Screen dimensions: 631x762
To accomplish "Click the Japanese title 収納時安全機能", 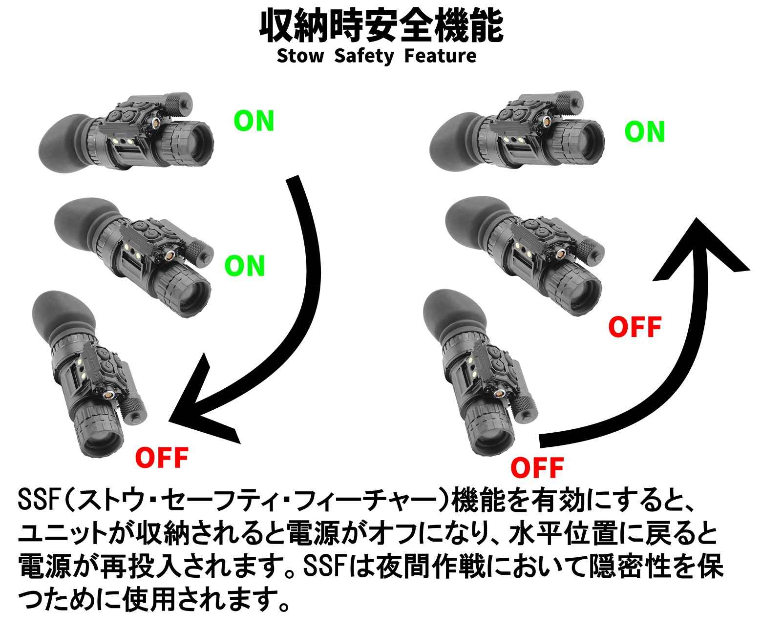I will tap(381, 26).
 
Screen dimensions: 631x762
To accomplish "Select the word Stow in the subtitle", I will tap(300, 56).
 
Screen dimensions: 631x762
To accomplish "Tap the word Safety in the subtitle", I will tap(364, 56).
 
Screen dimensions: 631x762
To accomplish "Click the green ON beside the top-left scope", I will tap(254, 121).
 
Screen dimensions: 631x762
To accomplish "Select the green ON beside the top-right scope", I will tap(645, 131).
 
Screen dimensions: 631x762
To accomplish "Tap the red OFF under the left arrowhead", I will tap(161, 458).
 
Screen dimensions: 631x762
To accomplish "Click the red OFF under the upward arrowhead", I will tap(635, 327).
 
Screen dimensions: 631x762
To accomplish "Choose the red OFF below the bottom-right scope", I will tap(537, 468).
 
